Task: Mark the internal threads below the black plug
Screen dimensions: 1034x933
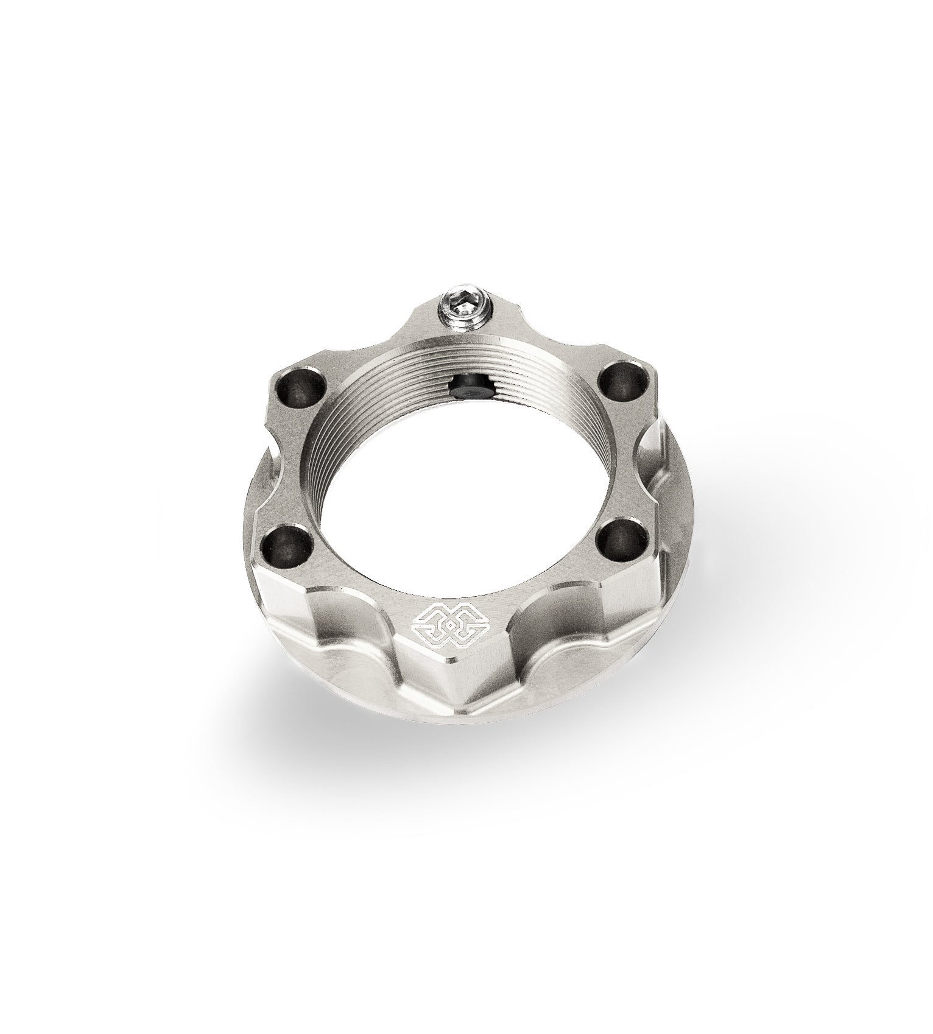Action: (x=481, y=420)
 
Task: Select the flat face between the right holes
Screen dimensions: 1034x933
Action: (x=621, y=457)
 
